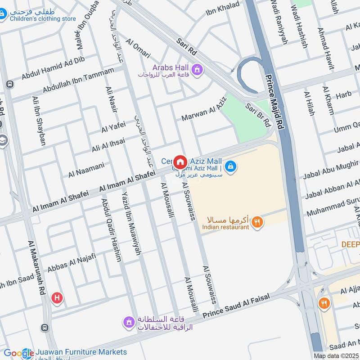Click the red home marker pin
[180, 162]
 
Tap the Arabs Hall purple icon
[197, 69]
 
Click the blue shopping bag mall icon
[230, 166]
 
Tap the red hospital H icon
[57, 297]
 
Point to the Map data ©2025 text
[336, 355]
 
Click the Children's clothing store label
[43, 18]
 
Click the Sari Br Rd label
[258, 114]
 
